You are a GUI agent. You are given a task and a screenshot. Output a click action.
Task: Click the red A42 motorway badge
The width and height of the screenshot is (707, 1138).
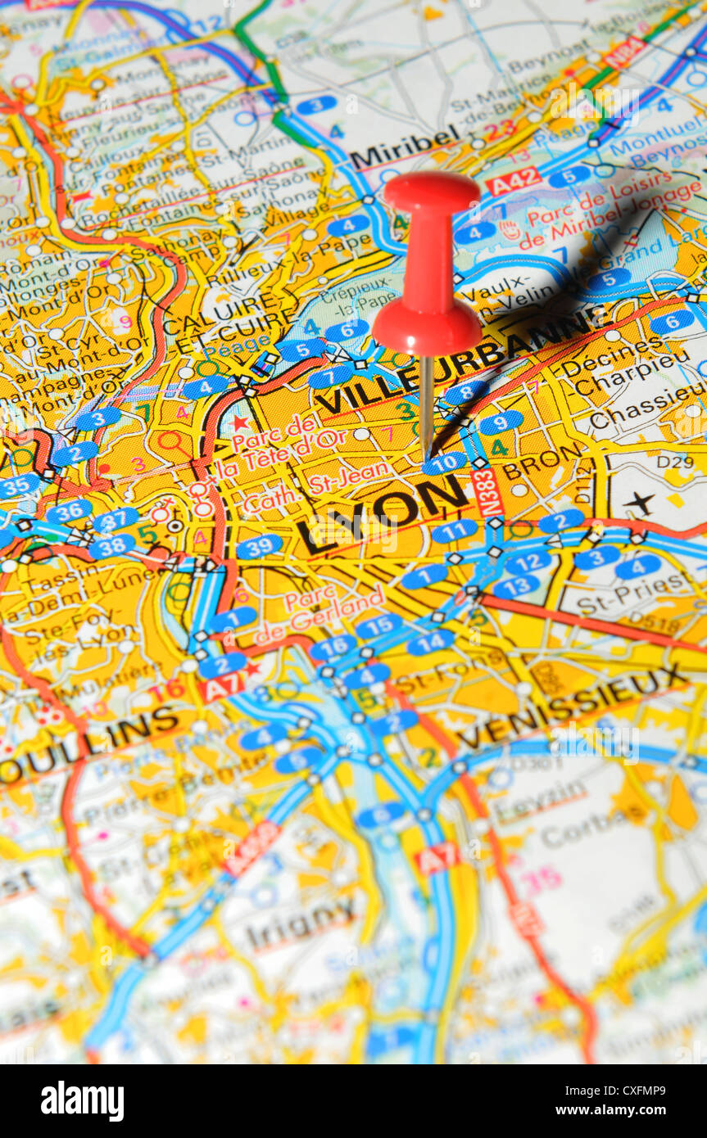514,181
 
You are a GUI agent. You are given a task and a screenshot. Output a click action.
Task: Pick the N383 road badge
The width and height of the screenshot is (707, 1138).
487,492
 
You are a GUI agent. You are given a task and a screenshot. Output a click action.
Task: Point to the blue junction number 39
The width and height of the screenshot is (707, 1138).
260,546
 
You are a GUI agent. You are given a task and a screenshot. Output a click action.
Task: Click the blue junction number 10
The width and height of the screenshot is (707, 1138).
446,463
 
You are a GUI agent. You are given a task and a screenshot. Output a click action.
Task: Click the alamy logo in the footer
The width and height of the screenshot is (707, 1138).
83,1101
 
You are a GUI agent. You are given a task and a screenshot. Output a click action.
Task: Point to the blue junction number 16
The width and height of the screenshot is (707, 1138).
333,648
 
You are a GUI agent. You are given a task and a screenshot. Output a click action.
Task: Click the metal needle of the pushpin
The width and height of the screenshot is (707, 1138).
426,405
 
